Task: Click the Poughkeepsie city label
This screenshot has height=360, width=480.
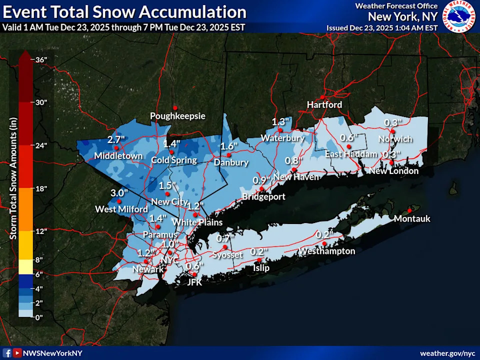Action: coord(178,116)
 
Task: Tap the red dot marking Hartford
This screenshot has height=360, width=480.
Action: coord(322,97)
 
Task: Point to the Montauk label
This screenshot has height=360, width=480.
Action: coord(411,218)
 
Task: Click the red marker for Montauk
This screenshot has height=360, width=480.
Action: coord(409,210)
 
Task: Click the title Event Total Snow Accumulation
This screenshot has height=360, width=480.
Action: coord(124,12)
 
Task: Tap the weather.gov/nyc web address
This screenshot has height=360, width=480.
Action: coord(447,353)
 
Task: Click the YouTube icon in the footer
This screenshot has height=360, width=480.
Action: coord(17,353)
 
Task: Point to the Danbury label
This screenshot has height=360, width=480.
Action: coord(231,162)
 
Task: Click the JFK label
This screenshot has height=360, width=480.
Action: coord(194,282)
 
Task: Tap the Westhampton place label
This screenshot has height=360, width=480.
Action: coord(327,251)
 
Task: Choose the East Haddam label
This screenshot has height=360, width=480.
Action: coord(351,154)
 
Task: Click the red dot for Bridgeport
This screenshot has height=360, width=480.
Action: coord(261,188)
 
